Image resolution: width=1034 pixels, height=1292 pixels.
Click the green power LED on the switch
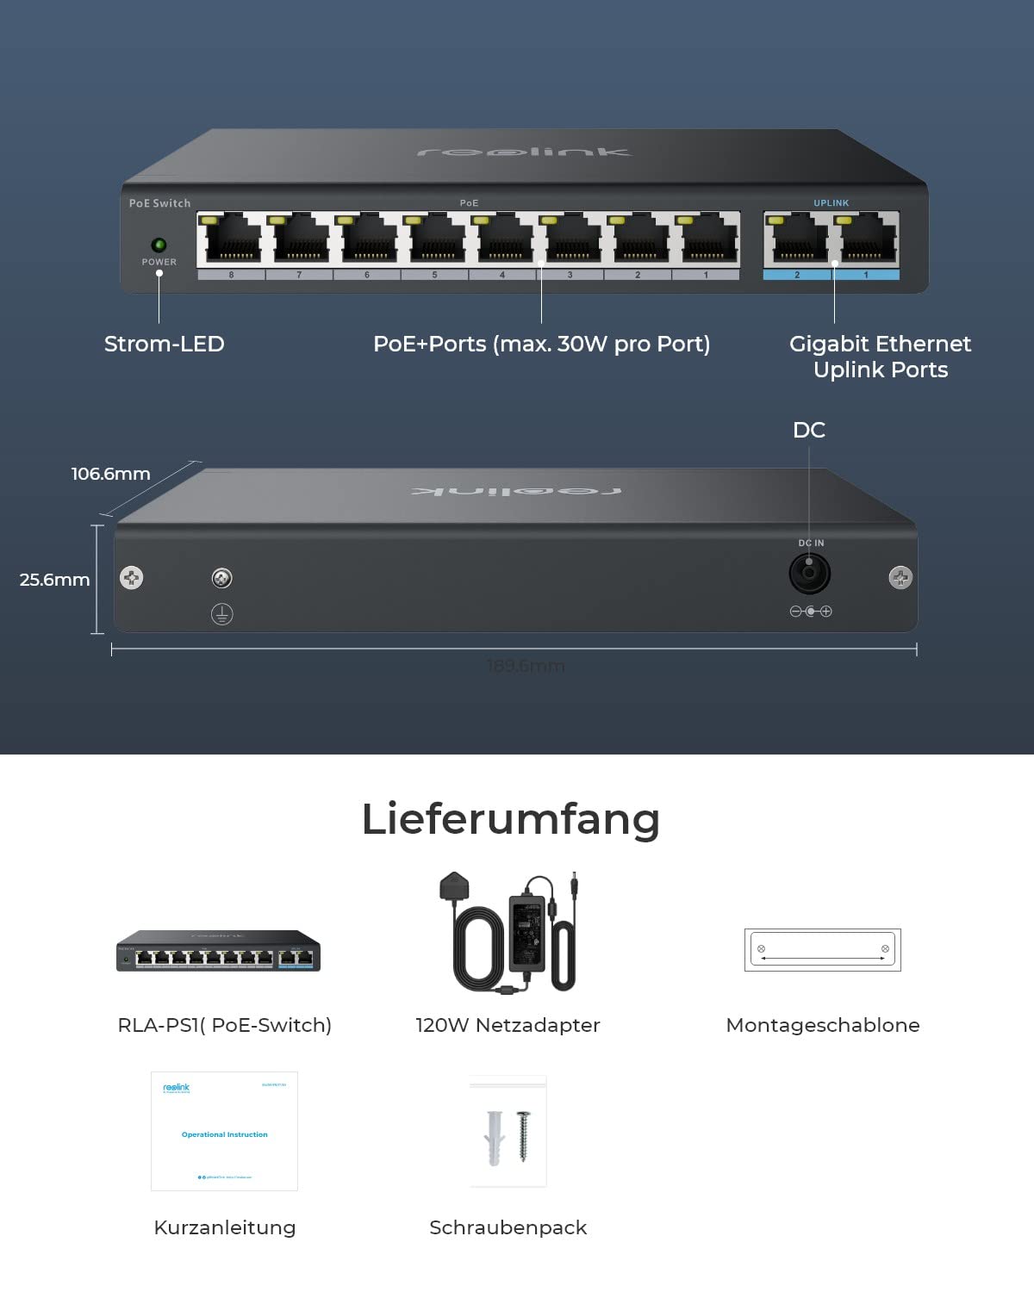159,245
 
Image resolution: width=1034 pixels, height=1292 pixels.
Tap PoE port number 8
230,240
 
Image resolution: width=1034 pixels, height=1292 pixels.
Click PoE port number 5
437,240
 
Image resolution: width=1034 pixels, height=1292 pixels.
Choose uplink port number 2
796,240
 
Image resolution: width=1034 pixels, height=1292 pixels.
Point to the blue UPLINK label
831,203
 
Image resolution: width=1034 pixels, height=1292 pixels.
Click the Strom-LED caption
164,344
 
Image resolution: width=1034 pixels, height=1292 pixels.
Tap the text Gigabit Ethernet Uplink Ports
880,357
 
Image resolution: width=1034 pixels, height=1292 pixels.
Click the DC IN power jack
810,573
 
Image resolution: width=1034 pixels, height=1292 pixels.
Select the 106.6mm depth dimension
110,474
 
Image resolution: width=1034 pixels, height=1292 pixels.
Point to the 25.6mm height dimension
54,580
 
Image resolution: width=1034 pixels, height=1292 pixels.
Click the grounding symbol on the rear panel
221,614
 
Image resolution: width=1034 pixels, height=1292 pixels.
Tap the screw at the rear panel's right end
900,577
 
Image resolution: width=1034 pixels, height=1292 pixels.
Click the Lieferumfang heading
510,818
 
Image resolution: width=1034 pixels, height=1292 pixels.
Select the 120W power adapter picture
513,935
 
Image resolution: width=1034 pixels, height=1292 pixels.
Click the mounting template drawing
822,950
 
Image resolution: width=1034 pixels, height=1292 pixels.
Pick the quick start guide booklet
224,1131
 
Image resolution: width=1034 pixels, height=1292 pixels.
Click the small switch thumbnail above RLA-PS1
218,951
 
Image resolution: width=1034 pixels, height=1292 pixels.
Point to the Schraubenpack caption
508,1227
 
